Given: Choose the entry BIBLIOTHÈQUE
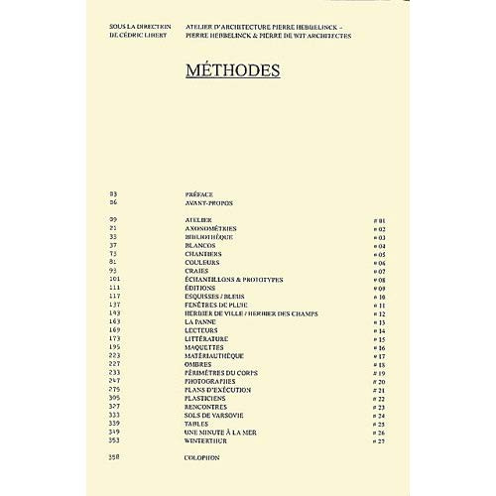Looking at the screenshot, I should (x=208, y=237).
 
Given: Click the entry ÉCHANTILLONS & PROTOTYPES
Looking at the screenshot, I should (x=233, y=280).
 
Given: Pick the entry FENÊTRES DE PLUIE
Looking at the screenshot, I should (x=214, y=305).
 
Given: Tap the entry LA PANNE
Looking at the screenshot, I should (x=201, y=321).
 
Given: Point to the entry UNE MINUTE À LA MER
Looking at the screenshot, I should (x=220, y=432).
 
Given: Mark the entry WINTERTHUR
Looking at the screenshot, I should (x=206, y=440).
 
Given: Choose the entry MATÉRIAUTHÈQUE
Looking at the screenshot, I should (x=213, y=355).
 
